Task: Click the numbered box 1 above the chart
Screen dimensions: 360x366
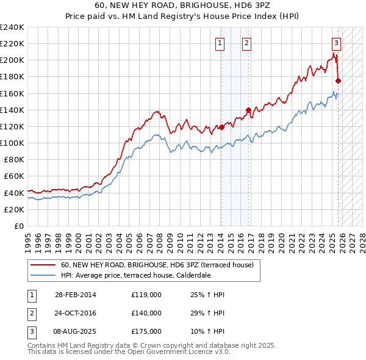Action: click(219, 43)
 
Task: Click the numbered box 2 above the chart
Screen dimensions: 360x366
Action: click(246, 43)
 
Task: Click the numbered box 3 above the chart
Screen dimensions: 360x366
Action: click(336, 43)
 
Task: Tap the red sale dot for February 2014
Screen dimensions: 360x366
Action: click(222, 128)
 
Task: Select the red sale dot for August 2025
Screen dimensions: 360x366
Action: click(339, 81)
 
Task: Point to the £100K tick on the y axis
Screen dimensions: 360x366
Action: click(12, 143)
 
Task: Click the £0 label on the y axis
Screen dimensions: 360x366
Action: click(18, 226)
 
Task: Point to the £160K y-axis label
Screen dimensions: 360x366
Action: click(12, 93)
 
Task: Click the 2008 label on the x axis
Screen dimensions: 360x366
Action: click(160, 239)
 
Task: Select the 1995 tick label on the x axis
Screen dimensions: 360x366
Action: click(28, 239)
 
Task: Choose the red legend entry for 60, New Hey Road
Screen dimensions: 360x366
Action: click(161, 265)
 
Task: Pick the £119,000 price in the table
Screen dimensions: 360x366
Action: click(146, 295)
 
